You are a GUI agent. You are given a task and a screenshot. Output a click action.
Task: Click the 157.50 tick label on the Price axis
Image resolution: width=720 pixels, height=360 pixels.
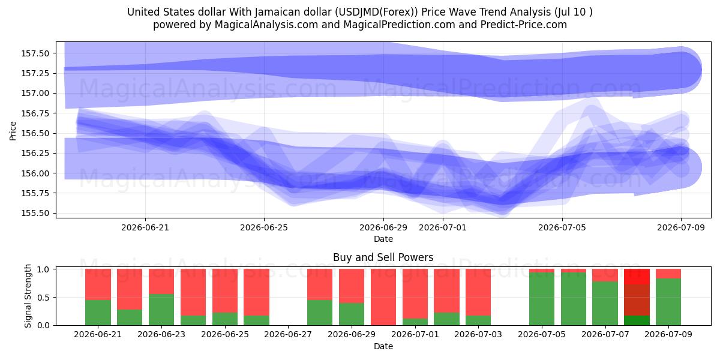[35, 53]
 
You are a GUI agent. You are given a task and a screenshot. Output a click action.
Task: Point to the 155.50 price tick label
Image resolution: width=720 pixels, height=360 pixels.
[35, 214]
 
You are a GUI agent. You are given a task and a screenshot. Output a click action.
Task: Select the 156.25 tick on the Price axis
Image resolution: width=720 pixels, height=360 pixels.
[35, 154]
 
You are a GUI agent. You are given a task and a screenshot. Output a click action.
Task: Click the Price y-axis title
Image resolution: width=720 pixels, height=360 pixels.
[13, 131]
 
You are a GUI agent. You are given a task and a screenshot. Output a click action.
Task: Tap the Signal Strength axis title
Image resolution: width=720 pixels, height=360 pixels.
[28, 296]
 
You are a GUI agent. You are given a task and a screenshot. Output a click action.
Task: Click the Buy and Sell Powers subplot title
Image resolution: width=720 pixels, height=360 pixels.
[383, 257]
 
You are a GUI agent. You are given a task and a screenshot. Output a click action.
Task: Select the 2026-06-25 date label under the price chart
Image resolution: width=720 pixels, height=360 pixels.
[264, 228]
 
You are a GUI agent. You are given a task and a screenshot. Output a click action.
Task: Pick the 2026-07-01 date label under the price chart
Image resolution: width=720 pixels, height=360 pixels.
[443, 228]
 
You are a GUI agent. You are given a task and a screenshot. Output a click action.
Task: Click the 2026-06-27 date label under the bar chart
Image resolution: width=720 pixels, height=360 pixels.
[288, 335]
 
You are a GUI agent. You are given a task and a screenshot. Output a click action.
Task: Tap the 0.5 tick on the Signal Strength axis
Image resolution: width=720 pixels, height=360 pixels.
[43, 298]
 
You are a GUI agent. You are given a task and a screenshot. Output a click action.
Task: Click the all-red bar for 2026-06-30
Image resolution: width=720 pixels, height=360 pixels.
[383, 297]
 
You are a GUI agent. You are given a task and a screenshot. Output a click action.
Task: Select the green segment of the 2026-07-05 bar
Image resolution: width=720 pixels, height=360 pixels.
[542, 299]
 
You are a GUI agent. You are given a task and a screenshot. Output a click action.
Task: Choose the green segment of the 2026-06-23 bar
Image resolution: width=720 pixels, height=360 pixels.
[161, 310]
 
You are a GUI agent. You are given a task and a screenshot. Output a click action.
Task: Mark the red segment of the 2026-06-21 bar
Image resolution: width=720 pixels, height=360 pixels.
[98, 284]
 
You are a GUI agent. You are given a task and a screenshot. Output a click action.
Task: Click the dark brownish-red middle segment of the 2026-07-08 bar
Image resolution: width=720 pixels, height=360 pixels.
[637, 300]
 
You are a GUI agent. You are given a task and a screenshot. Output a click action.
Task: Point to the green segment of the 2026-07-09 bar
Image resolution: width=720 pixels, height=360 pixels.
[668, 302]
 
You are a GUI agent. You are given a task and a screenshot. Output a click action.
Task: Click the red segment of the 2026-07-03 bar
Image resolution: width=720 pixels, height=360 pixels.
[478, 292]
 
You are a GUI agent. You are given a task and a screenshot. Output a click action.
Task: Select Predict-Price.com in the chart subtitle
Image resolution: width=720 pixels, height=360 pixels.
[524, 25]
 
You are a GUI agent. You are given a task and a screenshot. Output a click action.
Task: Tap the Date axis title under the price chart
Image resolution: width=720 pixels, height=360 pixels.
[383, 239]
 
